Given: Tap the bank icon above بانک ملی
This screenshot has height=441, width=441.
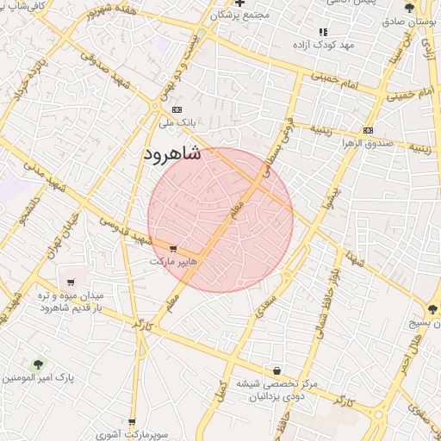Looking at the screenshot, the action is tap(177, 109).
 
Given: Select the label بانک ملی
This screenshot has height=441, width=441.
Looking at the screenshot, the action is tap(178, 123).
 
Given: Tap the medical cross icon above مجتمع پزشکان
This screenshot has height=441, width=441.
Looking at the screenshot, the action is tap(240, 3).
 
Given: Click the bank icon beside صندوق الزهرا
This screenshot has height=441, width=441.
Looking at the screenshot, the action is tap(369, 130).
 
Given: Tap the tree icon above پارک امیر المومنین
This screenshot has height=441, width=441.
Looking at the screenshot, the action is tap(37, 364).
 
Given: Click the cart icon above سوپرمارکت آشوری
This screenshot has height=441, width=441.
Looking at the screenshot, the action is tap(132, 423).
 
